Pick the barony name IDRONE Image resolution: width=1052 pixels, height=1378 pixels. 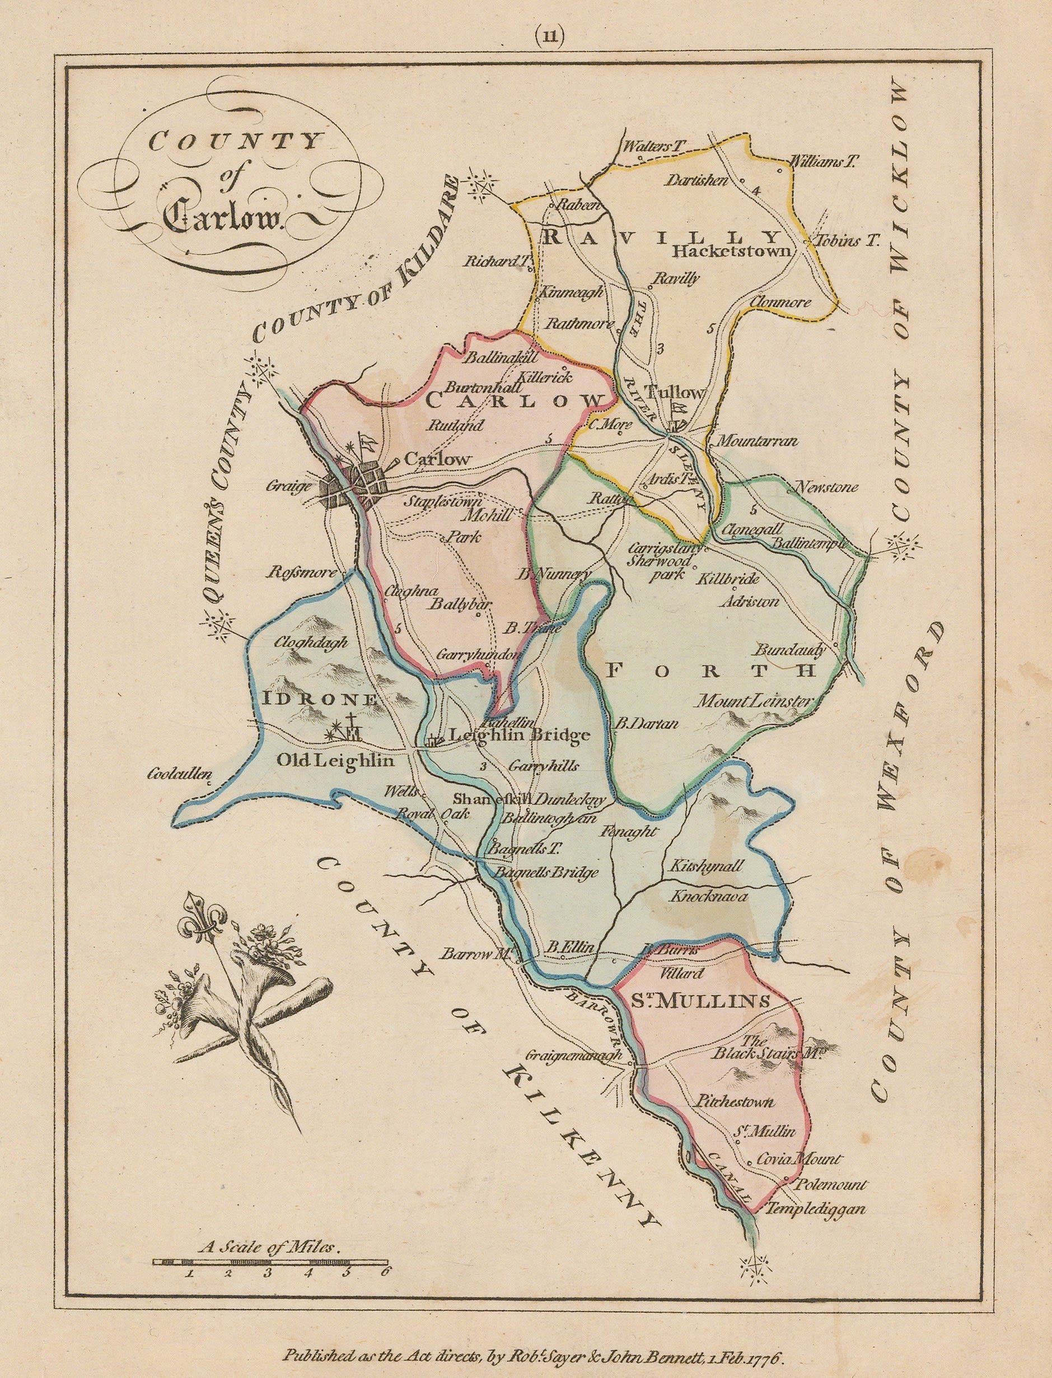[321, 700]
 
